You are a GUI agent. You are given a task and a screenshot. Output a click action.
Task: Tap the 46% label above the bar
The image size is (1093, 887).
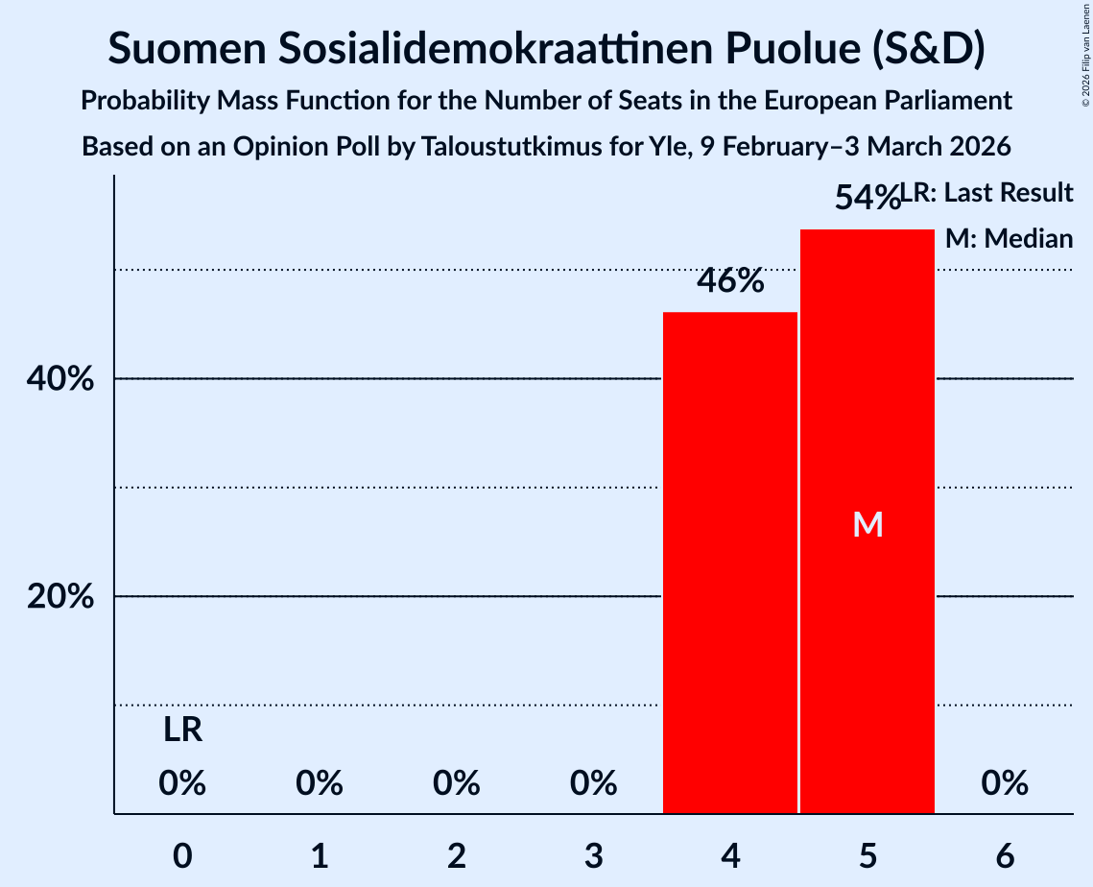(x=730, y=281)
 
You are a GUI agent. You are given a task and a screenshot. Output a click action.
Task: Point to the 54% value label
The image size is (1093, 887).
(x=866, y=198)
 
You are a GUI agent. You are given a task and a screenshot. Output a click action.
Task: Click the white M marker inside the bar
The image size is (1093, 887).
(x=867, y=524)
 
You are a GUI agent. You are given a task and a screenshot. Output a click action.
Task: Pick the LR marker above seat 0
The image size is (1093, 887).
(x=182, y=731)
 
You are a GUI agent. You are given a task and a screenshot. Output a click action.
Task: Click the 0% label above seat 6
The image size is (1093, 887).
(x=1005, y=784)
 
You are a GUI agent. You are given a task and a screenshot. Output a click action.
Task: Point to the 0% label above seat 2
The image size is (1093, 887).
(x=457, y=784)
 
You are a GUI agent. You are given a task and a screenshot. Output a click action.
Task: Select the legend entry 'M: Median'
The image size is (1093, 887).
(x=1009, y=238)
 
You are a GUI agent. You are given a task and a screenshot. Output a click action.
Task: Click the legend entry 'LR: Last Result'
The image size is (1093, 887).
(x=988, y=193)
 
